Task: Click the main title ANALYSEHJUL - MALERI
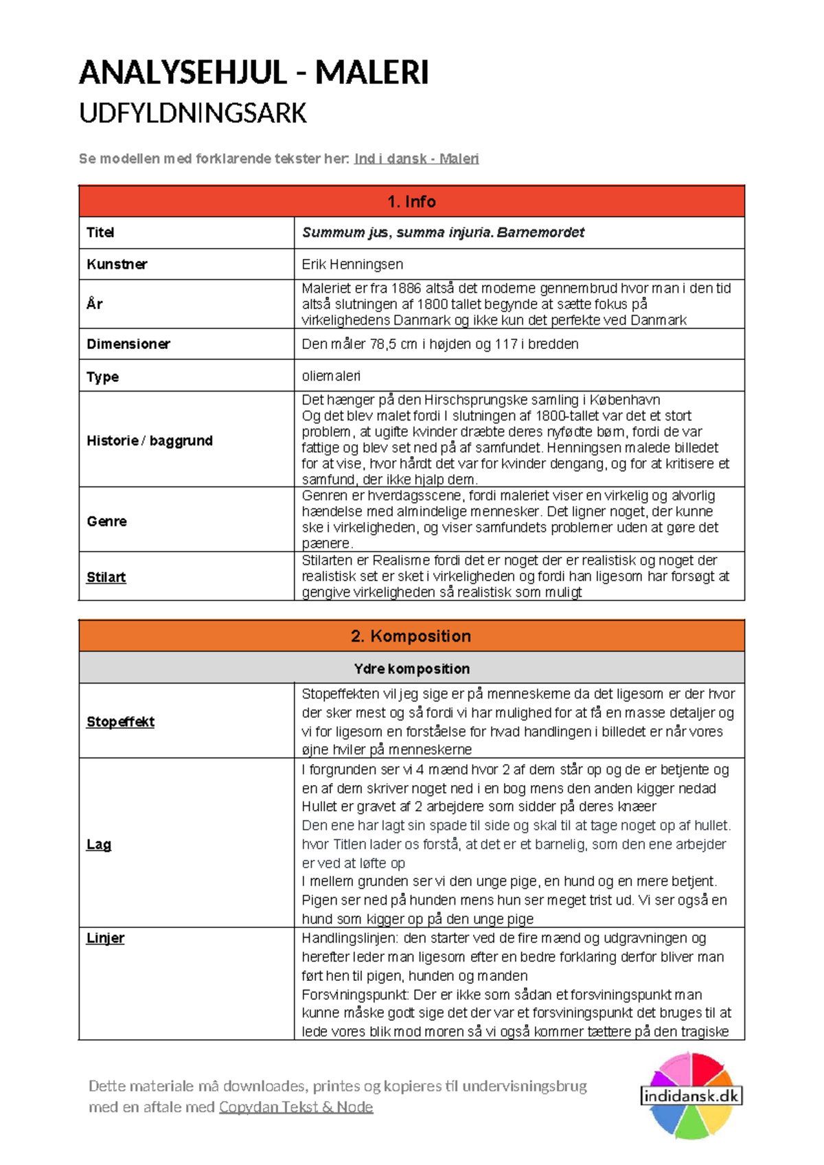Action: tap(253, 73)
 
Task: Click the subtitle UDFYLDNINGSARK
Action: tap(193, 113)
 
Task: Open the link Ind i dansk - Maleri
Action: tap(416, 159)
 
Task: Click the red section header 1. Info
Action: tap(411, 201)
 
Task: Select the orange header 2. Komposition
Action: tap(411, 636)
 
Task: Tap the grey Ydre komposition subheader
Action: tap(411, 668)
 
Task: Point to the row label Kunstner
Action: tap(117, 264)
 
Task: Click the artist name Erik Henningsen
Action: tap(352, 264)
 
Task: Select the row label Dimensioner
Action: tap(128, 344)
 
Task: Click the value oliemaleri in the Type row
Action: tap(331, 376)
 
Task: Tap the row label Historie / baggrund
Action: tap(150, 440)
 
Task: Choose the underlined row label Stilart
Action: tap(106, 577)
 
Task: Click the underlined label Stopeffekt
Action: tap(120, 722)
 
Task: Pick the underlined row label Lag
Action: tap(98, 844)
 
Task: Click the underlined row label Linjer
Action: tap(105, 938)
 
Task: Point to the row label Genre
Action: tap(106, 521)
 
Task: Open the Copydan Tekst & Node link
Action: tap(296, 1107)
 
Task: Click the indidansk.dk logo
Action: tap(691, 1096)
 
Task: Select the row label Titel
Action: tap(100, 233)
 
